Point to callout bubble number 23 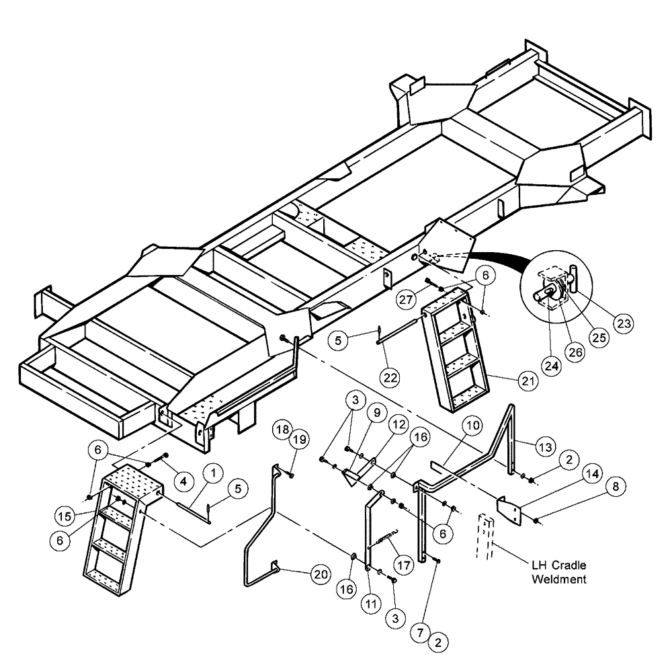coord(624,322)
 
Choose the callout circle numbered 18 coord(282,430)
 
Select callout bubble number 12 coord(399,426)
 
